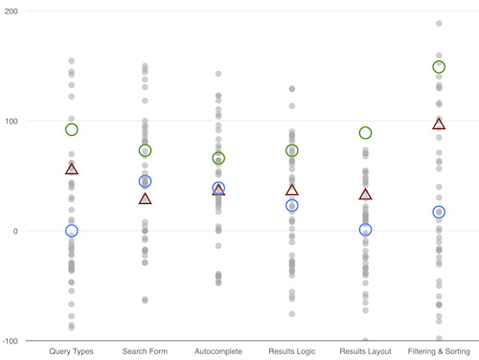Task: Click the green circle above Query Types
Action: pos(71,129)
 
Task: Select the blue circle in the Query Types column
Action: pos(71,231)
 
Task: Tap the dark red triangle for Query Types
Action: pos(71,169)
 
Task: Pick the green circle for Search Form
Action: pos(145,150)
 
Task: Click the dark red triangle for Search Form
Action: pos(145,199)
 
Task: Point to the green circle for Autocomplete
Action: pos(218,159)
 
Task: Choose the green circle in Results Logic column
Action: pos(291,150)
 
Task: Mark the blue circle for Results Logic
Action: pos(291,206)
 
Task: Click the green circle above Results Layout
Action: pos(365,133)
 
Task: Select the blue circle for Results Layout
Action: pos(365,230)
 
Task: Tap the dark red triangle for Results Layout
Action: pos(365,194)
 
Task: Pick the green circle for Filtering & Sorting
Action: pos(439,67)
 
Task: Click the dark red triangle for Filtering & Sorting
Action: pos(439,124)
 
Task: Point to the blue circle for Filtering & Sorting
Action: pos(439,213)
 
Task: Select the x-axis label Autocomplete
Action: pos(218,351)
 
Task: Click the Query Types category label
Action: pos(71,351)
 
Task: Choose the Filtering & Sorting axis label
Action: pos(439,351)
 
